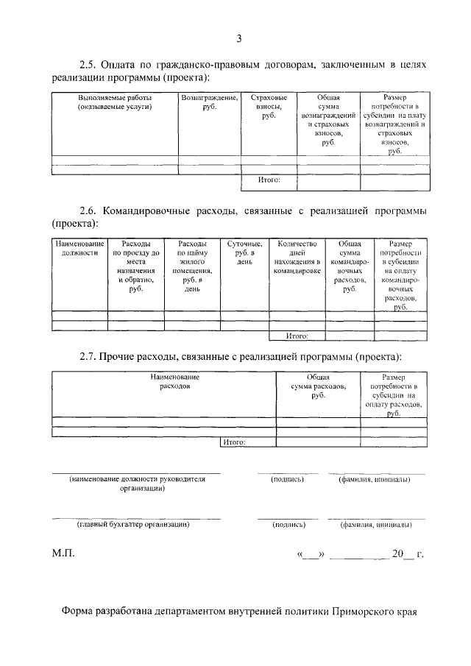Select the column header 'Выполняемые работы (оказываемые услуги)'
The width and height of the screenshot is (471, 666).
(115, 102)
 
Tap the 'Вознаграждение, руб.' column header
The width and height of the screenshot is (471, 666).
(210, 102)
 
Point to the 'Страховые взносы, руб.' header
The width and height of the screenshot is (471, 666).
(269, 107)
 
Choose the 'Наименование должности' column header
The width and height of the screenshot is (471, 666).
(79, 248)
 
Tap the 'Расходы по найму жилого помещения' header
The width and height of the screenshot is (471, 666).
(193, 266)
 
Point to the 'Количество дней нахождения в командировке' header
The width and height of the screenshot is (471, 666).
(297, 257)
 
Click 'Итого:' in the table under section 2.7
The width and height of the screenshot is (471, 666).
(233, 442)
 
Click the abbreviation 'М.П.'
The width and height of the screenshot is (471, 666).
(63, 553)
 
